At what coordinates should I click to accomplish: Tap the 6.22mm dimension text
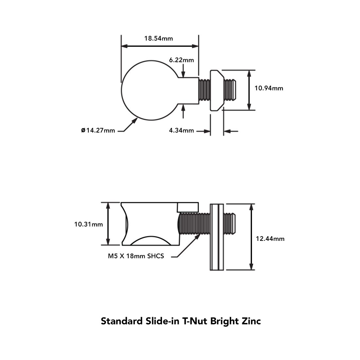181,60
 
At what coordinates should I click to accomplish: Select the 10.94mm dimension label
269,88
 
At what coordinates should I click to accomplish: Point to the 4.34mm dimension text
181,131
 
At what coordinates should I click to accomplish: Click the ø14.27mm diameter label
98,130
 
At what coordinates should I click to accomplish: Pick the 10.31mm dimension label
88,224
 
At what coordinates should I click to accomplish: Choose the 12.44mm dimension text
270,239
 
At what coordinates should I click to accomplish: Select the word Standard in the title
121,321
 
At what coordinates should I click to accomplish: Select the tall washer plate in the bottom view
217,237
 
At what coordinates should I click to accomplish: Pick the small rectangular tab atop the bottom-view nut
188,207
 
